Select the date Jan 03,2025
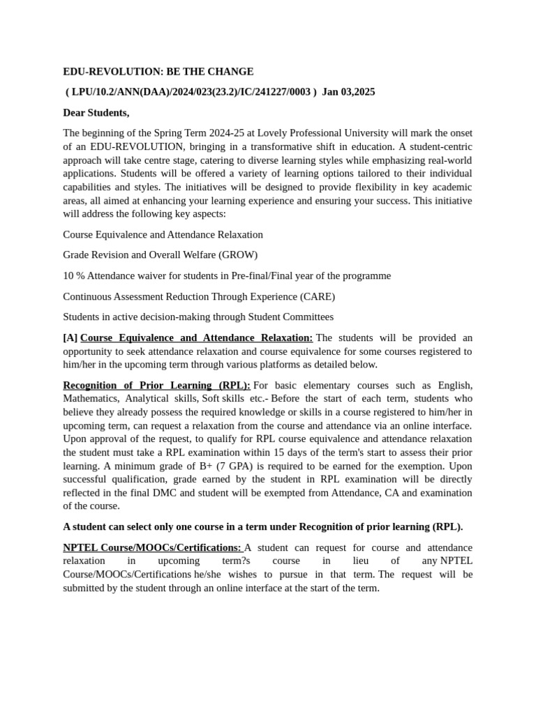(348, 92)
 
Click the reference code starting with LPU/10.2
(191, 92)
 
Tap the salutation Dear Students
(96, 112)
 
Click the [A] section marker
(70, 337)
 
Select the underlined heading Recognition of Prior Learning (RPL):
(156, 386)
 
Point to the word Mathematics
(89, 399)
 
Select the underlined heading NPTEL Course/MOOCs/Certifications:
(152, 548)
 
